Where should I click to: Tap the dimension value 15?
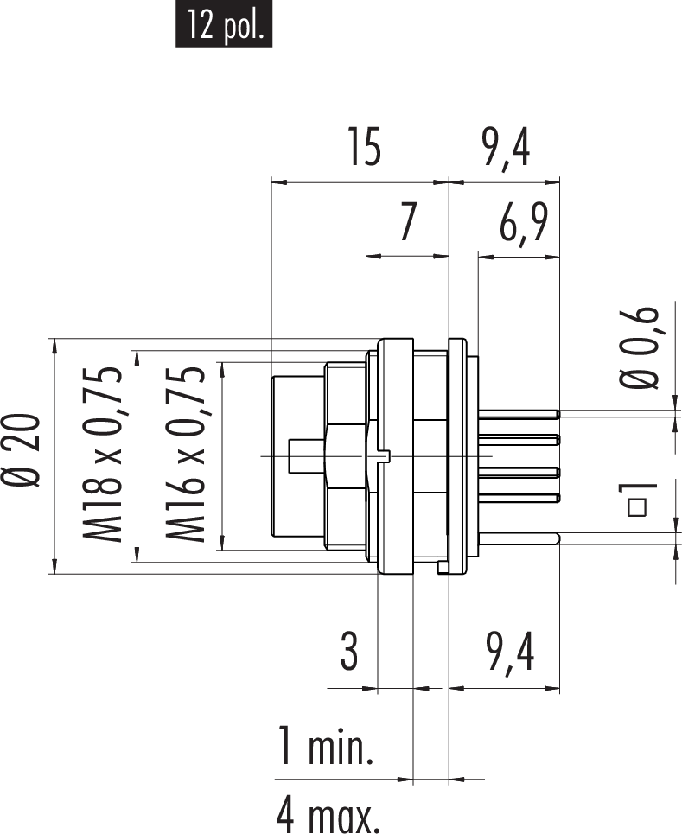(364, 148)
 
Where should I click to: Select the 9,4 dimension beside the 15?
(506, 148)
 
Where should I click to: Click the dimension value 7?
(410, 224)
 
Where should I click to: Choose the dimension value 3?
(348, 653)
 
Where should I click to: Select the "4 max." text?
(328, 813)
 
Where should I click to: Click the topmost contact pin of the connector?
(519, 413)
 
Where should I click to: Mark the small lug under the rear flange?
(443, 567)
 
